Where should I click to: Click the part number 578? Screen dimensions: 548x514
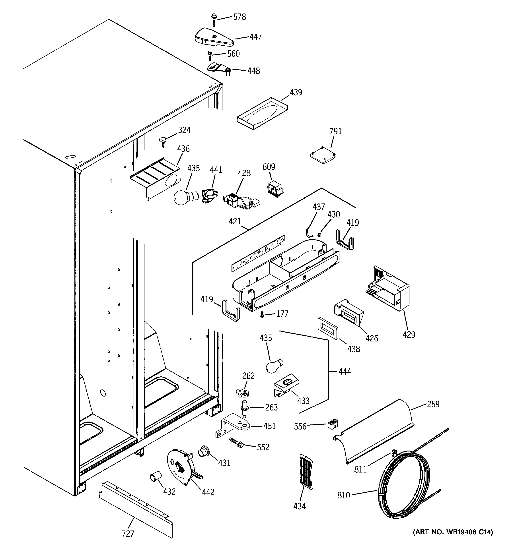[x=239, y=17]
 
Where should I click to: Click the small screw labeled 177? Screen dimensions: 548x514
[x=262, y=314]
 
